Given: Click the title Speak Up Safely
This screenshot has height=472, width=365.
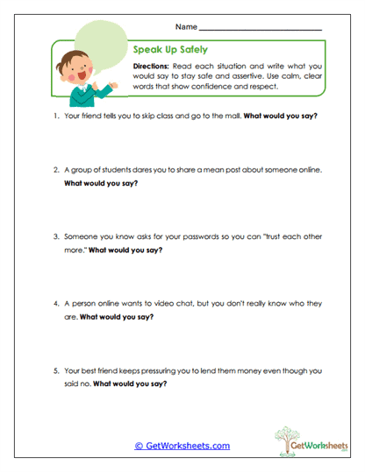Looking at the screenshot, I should click(x=170, y=50).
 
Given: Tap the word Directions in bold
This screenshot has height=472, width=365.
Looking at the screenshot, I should click(x=152, y=67).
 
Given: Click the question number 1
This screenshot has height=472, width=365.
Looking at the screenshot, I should click(x=55, y=116).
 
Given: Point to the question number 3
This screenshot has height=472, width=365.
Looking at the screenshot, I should click(x=55, y=236).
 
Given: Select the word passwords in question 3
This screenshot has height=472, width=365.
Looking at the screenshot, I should click(x=172, y=236).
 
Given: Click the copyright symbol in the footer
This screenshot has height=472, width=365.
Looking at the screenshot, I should click(x=140, y=446).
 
